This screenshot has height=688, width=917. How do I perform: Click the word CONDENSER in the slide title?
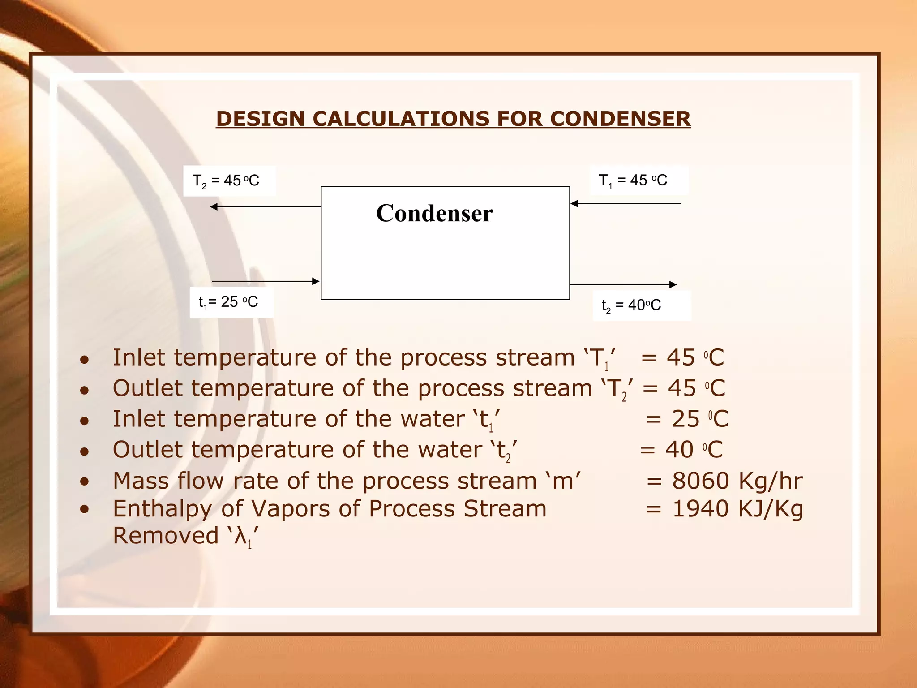click(620, 119)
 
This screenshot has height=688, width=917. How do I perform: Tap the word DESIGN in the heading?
click(260, 119)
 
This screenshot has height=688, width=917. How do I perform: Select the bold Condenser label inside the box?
click(434, 213)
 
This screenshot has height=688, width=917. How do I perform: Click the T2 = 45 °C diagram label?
click(226, 181)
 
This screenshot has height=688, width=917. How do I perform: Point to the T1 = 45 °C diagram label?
click(633, 181)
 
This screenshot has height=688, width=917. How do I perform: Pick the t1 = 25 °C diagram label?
click(228, 302)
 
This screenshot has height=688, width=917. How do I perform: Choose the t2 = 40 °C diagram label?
click(631, 305)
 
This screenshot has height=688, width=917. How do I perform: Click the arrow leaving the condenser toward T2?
click(266, 206)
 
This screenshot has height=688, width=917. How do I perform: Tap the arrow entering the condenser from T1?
click(626, 204)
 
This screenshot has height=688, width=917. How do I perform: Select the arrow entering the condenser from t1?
click(266, 281)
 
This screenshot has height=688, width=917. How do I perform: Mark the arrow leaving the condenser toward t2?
click(623, 284)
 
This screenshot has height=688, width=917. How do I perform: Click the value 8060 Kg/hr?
click(737, 481)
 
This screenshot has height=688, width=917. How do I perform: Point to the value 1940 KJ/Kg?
click(737, 509)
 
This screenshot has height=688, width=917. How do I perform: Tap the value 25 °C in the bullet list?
click(700, 419)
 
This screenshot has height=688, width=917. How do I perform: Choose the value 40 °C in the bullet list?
click(694, 450)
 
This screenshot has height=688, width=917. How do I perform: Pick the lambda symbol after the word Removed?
click(240, 537)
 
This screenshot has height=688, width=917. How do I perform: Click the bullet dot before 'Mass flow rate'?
click(84, 482)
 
